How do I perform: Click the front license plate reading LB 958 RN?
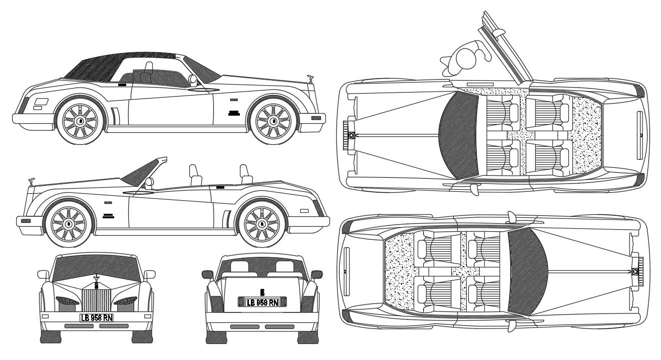[97, 317]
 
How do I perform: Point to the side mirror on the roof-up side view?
[192, 79]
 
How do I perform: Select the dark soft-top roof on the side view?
[95, 68]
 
